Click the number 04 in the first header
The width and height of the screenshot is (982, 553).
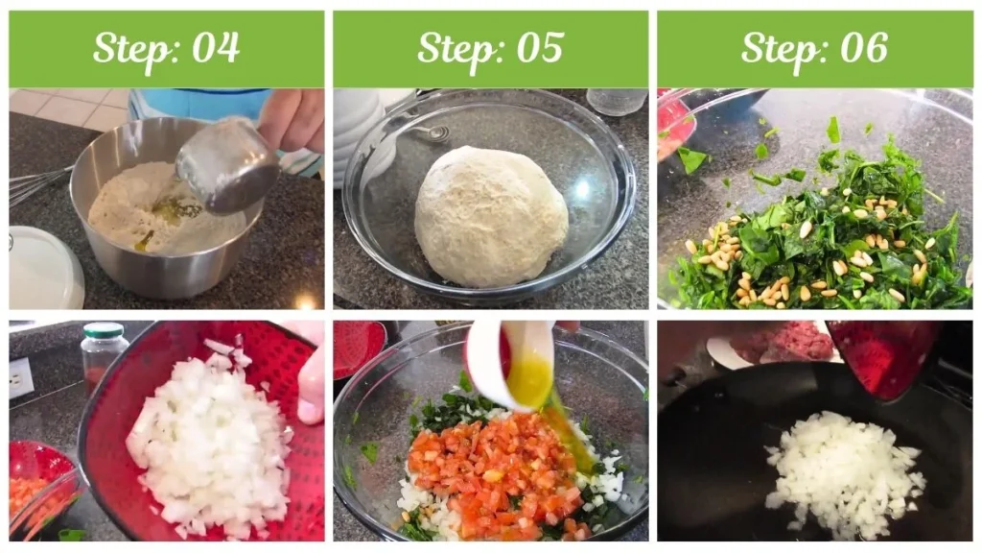(x=216, y=48)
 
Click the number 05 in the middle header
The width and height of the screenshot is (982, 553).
(x=540, y=48)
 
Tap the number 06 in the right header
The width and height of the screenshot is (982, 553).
(x=864, y=48)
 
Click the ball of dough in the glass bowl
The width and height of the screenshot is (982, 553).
(x=490, y=216)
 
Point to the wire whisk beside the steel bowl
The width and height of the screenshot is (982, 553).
(x=34, y=184)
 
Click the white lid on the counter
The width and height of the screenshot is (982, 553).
(x=43, y=269)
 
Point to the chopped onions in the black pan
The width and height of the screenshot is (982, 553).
(x=842, y=472)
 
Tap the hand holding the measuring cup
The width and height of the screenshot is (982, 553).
(x=292, y=120)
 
